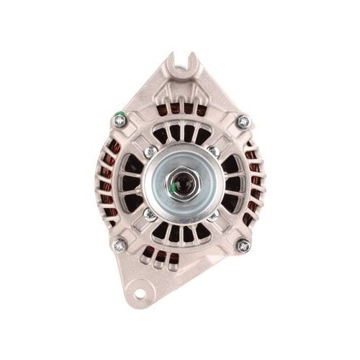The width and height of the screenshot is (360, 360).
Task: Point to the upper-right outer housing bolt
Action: (x=243, y=121)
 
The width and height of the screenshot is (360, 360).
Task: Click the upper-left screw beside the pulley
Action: (x=149, y=152)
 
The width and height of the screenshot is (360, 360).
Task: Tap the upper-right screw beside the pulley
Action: (x=212, y=152)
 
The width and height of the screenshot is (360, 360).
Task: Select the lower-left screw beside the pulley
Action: (x=149, y=214)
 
